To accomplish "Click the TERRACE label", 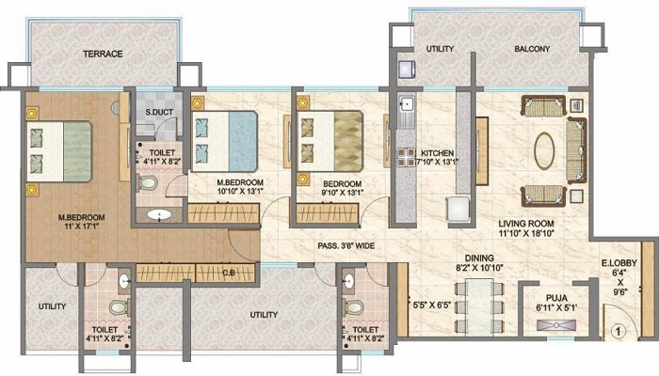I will pos(102,54).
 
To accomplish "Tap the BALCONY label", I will pos(533,48).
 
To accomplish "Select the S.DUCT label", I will pos(157,115).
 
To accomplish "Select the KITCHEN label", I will pos(438,152).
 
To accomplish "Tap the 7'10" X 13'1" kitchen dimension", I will pos(438,164).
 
